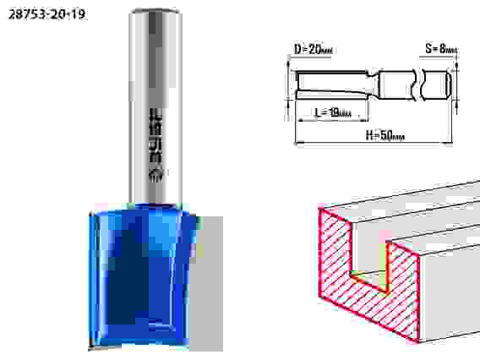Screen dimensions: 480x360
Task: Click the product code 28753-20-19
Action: (x=46, y=14)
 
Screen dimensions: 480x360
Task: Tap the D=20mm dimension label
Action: (x=314, y=49)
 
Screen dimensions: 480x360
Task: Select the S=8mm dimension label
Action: (x=441, y=48)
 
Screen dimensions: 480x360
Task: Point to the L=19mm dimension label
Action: (x=333, y=112)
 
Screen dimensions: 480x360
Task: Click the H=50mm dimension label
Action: (x=385, y=134)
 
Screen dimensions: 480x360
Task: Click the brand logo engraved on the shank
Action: (x=156, y=145)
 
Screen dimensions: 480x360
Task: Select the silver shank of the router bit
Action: (x=155, y=106)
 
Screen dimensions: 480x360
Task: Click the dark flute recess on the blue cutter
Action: (x=128, y=275)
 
